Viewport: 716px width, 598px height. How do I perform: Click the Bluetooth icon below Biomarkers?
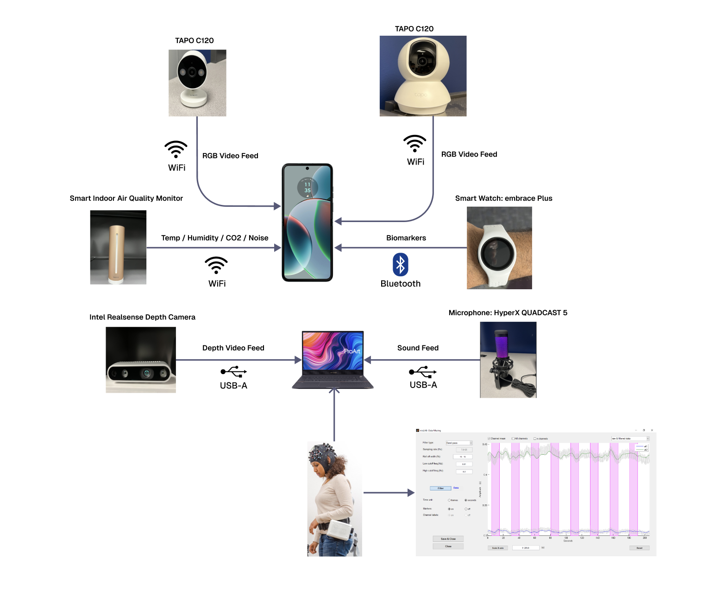(401, 265)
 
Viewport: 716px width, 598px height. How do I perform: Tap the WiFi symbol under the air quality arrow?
(216, 265)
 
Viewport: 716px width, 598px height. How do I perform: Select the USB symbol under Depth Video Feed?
(234, 372)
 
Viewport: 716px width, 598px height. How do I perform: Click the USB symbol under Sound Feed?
(423, 372)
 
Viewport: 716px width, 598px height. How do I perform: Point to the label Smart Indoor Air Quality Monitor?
(126, 198)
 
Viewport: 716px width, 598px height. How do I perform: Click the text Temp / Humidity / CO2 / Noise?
(214, 238)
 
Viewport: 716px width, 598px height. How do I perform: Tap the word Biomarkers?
(406, 238)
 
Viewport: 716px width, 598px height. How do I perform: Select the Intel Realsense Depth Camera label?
(142, 317)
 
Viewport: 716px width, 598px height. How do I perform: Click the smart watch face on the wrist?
(497, 253)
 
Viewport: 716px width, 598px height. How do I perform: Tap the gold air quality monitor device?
(117, 253)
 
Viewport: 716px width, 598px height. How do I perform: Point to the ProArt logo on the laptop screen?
(352, 351)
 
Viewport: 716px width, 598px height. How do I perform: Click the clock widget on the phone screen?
(307, 187)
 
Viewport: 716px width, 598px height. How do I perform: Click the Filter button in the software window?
(440, 488)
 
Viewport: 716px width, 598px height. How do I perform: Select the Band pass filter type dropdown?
(459, 443)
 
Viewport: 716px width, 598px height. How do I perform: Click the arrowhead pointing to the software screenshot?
(411, 493)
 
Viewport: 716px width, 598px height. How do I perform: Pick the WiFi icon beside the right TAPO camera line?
(415, 143)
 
